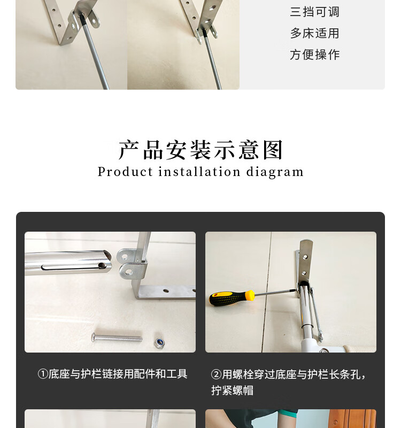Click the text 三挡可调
(x=314, y=12)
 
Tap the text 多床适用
(x=314, y=33)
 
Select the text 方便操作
(x=314, y=55)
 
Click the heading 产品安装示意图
(x=200, y=150)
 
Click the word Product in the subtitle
(x=125, y=172)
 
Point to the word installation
(x=199, y=172)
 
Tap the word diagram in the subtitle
(x=275, y=172)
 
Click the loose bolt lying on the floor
(x=117, y=338)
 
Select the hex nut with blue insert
(x=159, y=342)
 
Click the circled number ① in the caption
(x=43, y=374)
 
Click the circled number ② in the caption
(x=216, y=374)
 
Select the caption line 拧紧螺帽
(x=232, y=391)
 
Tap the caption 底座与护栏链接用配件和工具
(x=118, y=374)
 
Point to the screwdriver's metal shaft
(x=275, y=292)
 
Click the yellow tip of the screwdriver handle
(x=250, y=295)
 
